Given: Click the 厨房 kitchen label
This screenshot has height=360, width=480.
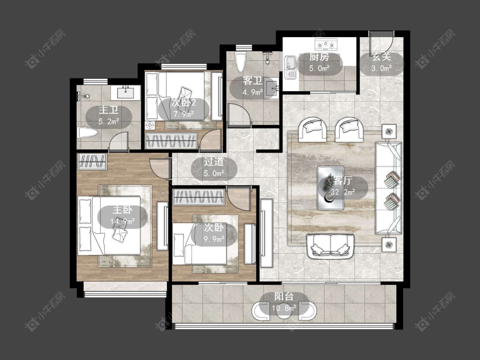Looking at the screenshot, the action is point(319,57).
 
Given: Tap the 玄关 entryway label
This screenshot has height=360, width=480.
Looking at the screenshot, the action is point(382,57).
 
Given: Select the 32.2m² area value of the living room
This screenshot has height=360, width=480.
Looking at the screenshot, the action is point(343,192).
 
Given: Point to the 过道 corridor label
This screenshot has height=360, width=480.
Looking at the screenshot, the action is point(214,162).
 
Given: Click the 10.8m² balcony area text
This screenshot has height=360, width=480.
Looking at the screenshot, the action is point(284,308).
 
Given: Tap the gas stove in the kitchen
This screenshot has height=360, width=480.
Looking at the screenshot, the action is point(326,44).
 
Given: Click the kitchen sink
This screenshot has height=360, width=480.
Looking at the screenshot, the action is point(290,67).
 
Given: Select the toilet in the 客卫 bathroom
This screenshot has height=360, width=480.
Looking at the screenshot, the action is point(240,62).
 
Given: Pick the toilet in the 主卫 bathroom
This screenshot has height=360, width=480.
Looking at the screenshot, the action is point(87,133).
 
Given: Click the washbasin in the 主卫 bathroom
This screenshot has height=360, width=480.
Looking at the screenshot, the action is point(125,92).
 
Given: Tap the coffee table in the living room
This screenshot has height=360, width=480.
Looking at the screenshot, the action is point(331,188).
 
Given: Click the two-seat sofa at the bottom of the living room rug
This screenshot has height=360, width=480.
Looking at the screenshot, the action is point(331,245).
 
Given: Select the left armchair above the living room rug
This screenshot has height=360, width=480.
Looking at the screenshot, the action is point(314,130).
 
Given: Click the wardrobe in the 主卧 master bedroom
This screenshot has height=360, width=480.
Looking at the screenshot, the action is point(92,161).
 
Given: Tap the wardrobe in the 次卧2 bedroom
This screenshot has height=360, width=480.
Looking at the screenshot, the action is point(171,140).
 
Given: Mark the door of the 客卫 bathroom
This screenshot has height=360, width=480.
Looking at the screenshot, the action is point(239,115).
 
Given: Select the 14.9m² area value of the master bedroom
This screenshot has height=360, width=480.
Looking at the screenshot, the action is point(122,221).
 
